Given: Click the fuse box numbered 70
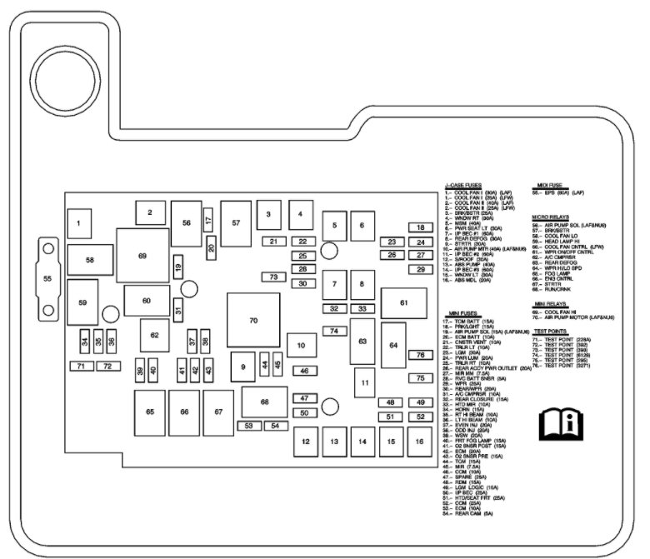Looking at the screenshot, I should pyautogui.click(x=253, y=320).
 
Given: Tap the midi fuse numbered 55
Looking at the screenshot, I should pyautogui.click(x=47, y=277).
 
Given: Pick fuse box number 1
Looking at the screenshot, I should pyautogui.click(x=78, y=223).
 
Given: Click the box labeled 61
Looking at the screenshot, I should pyautogui.click(x=404, y=302).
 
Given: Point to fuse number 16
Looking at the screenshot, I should pyautogui.click(x=416, y=441).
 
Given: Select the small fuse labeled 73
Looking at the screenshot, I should pyautogui.click(x=273, y=277).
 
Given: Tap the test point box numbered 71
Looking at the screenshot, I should pyautogui.click(x=81, y=366).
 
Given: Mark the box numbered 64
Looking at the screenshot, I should pyautogui.click(x=393, y=345).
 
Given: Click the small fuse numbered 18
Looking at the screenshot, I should pyautogui.click(x=421, y=227).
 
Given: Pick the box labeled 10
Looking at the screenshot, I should pyautogui.click(x=301, y=344).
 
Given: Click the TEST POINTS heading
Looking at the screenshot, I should pyautogui.click(x=552, y=331).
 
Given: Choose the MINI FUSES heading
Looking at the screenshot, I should pyautogui.click(x=465, y=312).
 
